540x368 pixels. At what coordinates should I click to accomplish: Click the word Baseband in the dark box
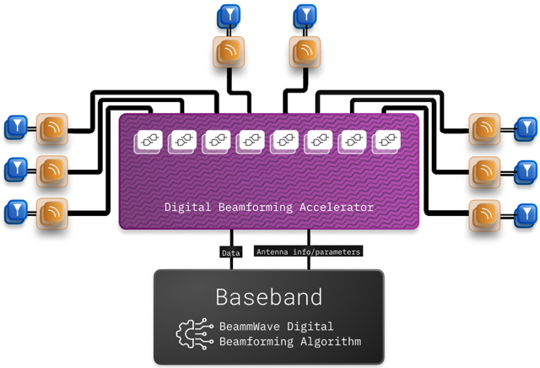[x=268, y=297]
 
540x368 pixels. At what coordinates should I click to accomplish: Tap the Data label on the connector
[x=230, y=252]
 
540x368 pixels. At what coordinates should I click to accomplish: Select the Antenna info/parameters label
[x=308, y=252]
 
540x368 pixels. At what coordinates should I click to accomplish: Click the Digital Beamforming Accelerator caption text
[x=268, y=207]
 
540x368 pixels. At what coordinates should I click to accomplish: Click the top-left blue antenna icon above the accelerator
[x=229, y=16]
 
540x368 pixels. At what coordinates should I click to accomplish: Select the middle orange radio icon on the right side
[x=485, y=170]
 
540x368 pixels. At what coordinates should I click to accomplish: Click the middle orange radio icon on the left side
[x=52, y=170]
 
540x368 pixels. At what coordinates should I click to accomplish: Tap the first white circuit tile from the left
[x=148, y=141]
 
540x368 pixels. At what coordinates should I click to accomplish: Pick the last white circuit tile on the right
[x=386, y=141]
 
